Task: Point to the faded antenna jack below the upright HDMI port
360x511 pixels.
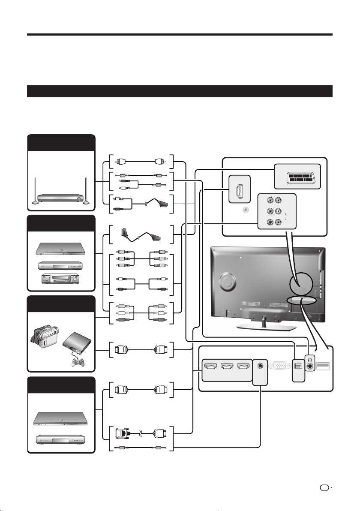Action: [x=245, y=210]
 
